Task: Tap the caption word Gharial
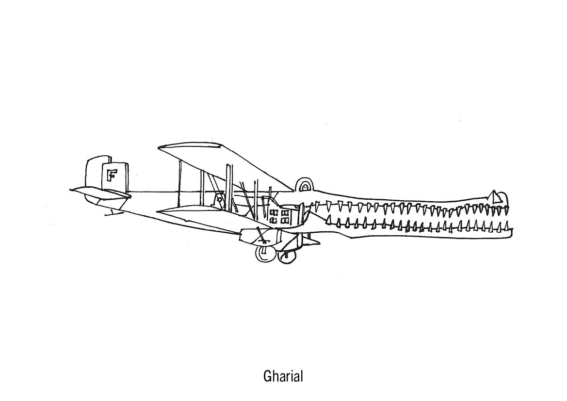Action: coord(283,377)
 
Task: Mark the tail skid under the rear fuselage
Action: coord(113,211)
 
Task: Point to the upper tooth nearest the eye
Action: coord(316,204)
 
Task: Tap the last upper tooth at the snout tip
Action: coord(502,209)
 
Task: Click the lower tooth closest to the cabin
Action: coord(328,222)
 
